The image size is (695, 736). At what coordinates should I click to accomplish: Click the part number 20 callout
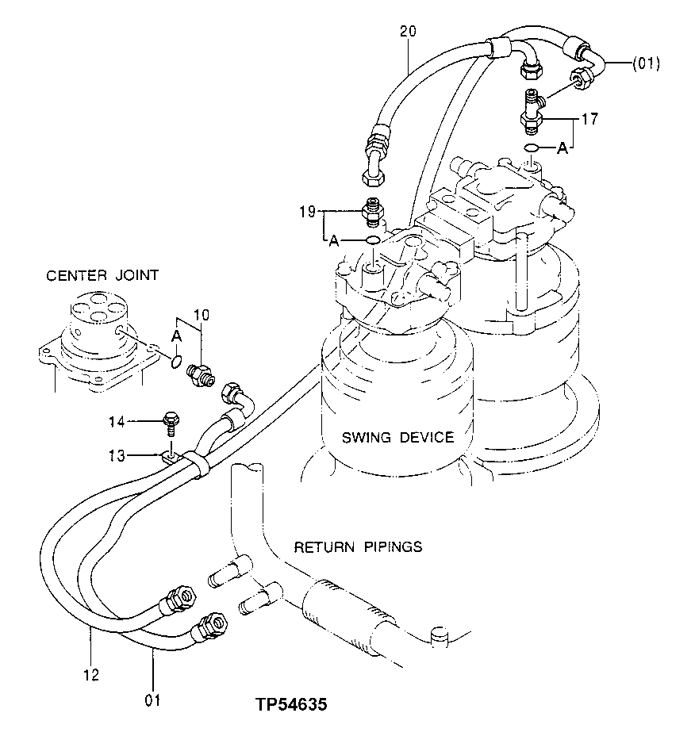tap(408, 32)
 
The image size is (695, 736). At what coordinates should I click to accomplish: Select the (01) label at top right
tap(646, 63)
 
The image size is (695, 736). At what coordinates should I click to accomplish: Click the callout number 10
tap(202, 316)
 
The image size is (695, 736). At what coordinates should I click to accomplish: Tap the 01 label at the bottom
tap(152, 700)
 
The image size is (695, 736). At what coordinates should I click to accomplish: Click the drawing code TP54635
tap(292, 704)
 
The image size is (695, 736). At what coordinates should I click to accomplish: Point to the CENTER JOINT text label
tap(102, 276)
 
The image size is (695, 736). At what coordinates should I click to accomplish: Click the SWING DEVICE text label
tap(397, 437)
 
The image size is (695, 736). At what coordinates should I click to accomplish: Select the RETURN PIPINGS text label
tap(358, 547)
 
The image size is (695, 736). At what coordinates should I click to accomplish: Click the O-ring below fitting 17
tap(533, 148)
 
